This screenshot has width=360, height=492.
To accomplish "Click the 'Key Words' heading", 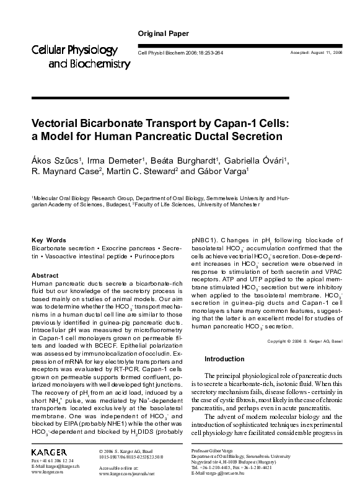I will pos(48,240).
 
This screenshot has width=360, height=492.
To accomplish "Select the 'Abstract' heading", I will pos(45,275).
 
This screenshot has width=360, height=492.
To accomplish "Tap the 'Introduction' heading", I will pos(224,359).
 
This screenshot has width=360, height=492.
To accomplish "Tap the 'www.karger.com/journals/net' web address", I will pos(126,473).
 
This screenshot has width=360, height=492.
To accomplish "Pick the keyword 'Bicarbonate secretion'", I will pos(58,248).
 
